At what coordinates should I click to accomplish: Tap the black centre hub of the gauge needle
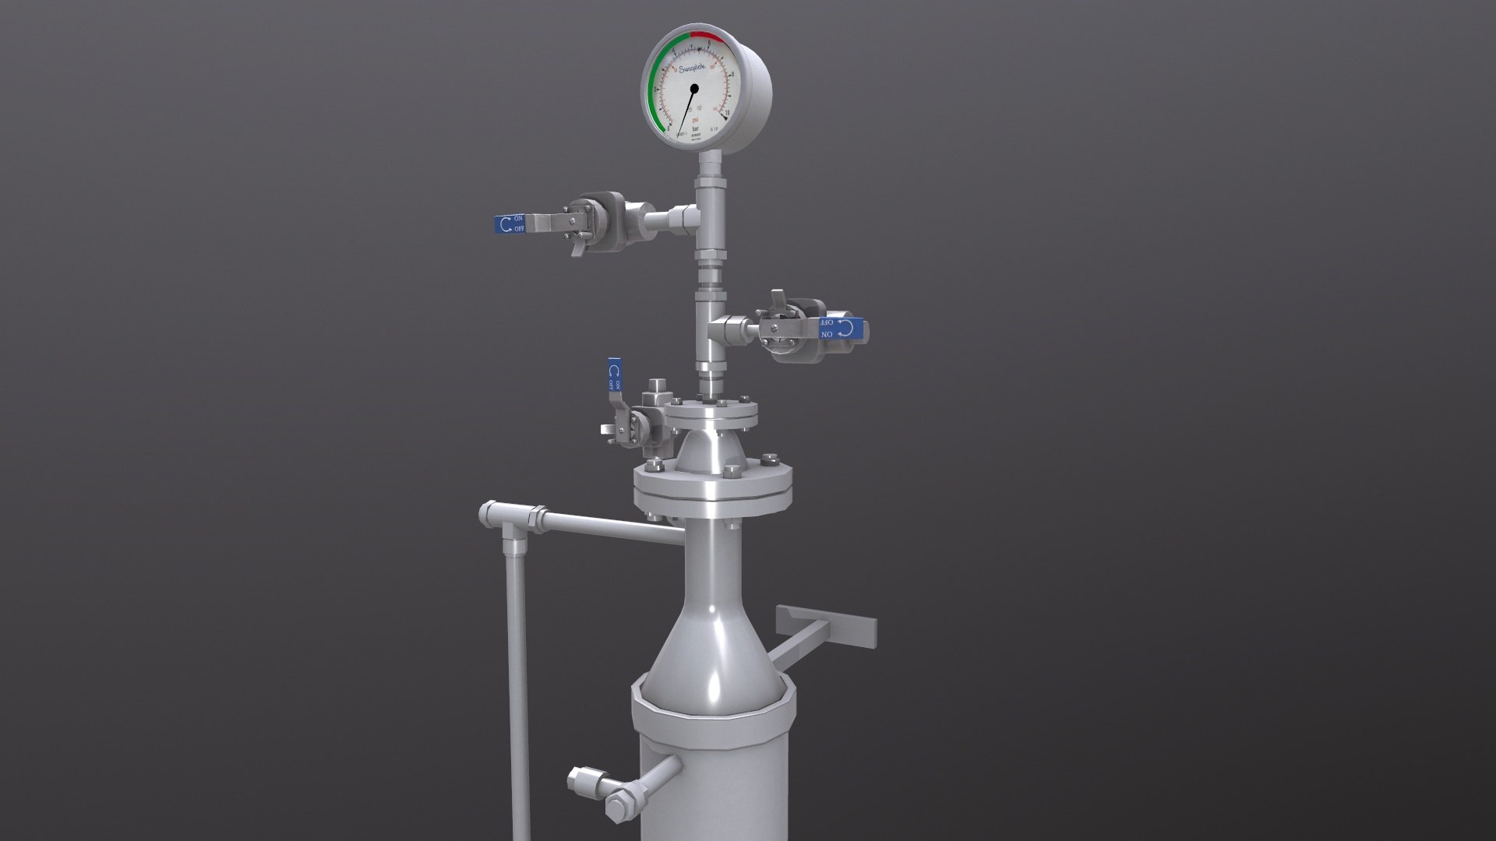pyautogui.click(x=694, y=89)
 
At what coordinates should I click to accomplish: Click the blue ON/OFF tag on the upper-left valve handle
pyautogui.click(x=511, y=224)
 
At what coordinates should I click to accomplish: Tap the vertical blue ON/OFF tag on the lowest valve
pyautogui.click(x=614, y=375)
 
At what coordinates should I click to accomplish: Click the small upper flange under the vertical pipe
pyautogui.click(x=711, y=415)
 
